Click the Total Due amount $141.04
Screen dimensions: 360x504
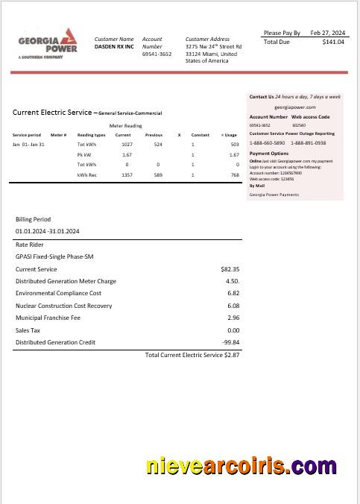tap(333, 42)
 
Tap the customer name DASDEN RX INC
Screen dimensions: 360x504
tap(114, 46)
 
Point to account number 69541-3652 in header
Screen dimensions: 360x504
tap(157, 54)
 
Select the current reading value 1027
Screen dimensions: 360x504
tap(127, 144)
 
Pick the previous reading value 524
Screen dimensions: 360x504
tap(158, 144)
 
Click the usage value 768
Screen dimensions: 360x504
tap(234, 174)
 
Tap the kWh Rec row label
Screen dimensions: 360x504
tap(86, 174)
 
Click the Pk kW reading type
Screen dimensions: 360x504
tap(84, 154)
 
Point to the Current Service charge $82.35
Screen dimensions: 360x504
tap(230, 269)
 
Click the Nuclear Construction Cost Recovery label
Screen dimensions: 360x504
tap(64, 306)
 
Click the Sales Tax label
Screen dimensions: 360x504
tap(28, 330)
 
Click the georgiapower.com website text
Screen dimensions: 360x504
tap(295, 107)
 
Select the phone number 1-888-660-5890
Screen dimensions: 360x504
tap(267, 142)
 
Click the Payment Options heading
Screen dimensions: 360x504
tap(268, 153)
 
